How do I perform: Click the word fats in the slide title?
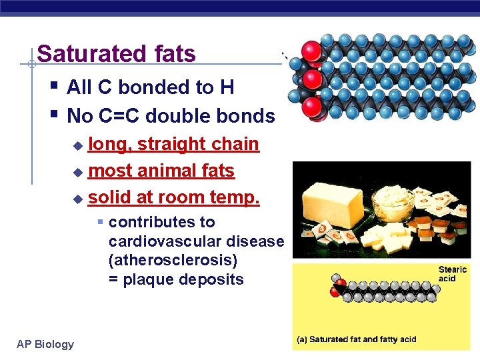pos(172,53)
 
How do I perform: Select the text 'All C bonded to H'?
pos(150,87)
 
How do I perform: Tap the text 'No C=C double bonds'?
pos(171,116)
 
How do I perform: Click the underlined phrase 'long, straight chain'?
pos(173,144)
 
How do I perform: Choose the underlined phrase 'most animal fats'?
pos(161,171)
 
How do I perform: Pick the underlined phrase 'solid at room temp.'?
pos(173,198)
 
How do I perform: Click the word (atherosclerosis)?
pos(173,260)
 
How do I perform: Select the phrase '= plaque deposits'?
pos(176,279)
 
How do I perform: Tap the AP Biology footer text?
pos(45,344)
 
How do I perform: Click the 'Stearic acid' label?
pos(453,274)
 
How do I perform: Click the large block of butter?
pos(336,200)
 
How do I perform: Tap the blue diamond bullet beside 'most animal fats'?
pos(77,172)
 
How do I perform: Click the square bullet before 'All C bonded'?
pos(54,86)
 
